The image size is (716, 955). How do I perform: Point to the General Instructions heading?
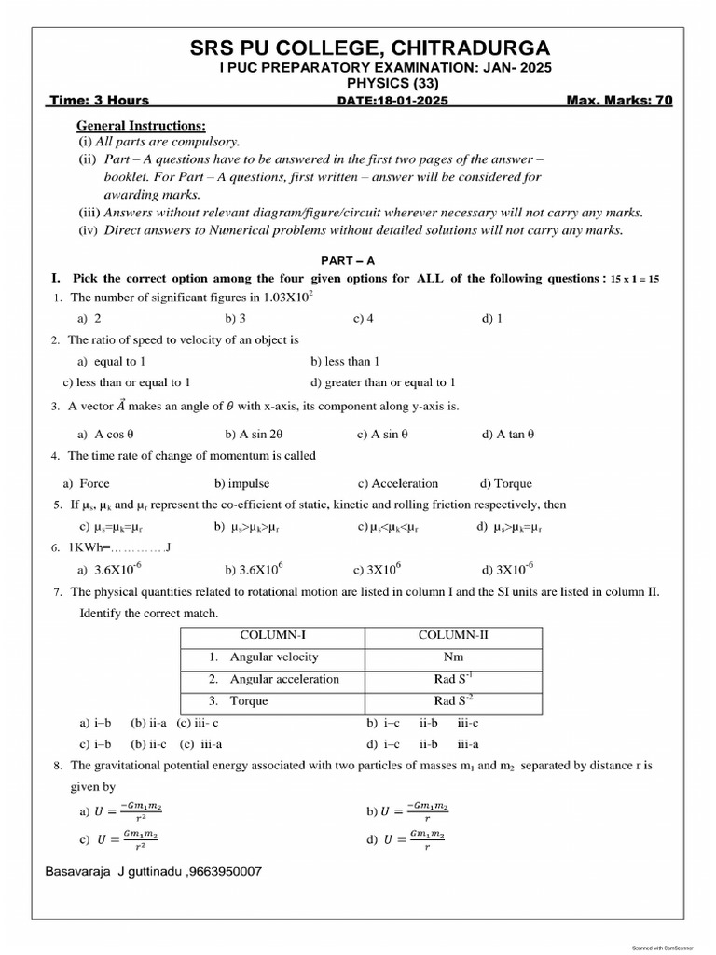coord(141,125)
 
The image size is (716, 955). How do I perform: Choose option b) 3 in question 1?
coord(235,318)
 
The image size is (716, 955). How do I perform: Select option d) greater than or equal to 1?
coord(383,382)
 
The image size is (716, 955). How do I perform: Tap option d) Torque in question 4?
coord(506,483)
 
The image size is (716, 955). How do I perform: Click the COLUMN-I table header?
coord(271,635)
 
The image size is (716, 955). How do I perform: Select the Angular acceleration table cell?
coord(283,679)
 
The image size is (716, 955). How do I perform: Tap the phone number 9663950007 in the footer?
coord(227,871)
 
